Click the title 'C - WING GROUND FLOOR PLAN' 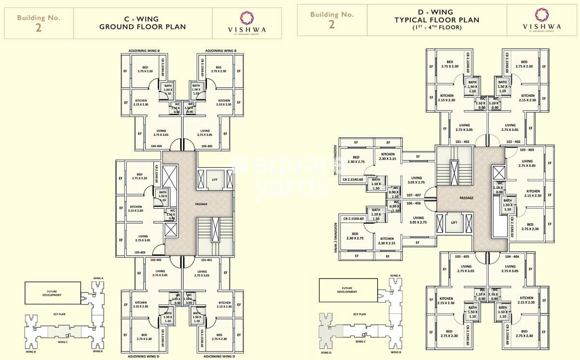click(x=142, y=23)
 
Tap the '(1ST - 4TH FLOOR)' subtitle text click(x=436, y=27)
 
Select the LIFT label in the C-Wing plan click(x=215, y=180)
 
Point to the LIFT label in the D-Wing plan click(x=454, y=223)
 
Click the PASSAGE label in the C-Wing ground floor click(x=201, y=204)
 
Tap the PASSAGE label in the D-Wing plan click(x=466, y=198)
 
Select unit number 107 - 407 click(x=414, y=195)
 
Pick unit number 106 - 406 click(x=414, y=203)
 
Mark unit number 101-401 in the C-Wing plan click(x=206, y=260)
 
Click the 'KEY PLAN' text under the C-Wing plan click(x=59, y=314)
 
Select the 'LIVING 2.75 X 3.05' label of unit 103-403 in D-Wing click(x=526, y=163)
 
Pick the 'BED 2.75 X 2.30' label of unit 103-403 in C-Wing click(x=139, y=176)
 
